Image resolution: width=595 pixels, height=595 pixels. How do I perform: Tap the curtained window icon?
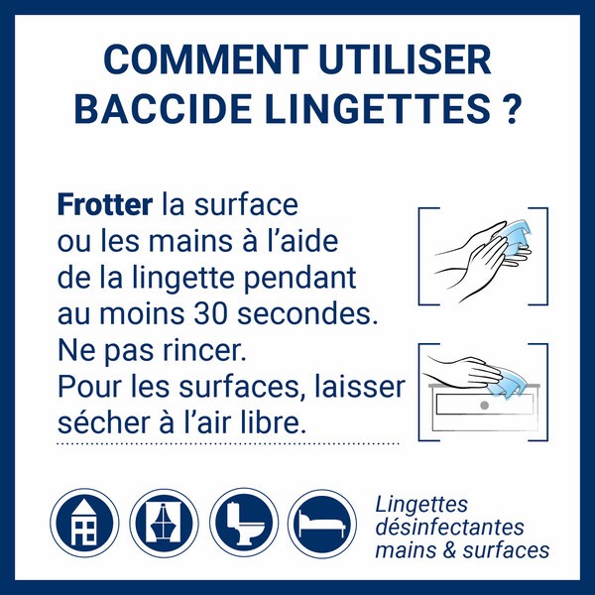tap(164, 522)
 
